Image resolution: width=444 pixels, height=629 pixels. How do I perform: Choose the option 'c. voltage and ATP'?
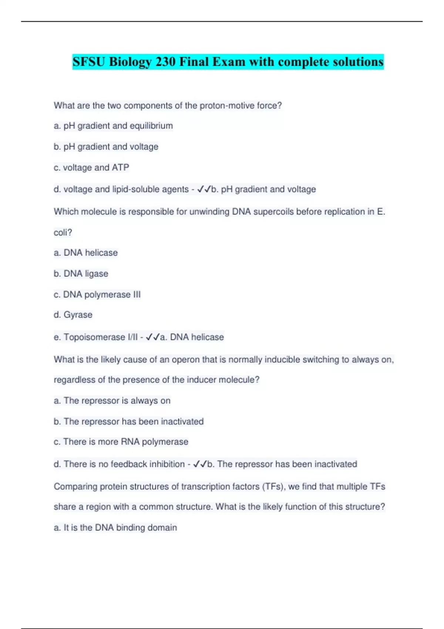coord(91,168)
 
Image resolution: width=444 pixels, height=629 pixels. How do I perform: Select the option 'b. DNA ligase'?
coord(81,274)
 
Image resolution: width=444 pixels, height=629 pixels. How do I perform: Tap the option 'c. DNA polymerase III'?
coord(97,295)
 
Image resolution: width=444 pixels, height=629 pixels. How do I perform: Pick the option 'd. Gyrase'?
coord(73,315)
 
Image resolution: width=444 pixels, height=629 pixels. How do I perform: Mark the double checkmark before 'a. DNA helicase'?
coord(153,337)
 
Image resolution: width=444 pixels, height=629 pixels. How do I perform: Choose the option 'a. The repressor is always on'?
coord(112,401)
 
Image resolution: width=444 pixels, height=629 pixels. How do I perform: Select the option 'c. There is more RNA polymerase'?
coord(121,442)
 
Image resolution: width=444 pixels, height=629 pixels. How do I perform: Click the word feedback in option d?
coord(129,464)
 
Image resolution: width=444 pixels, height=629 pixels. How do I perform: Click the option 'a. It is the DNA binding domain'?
coord(115,528)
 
